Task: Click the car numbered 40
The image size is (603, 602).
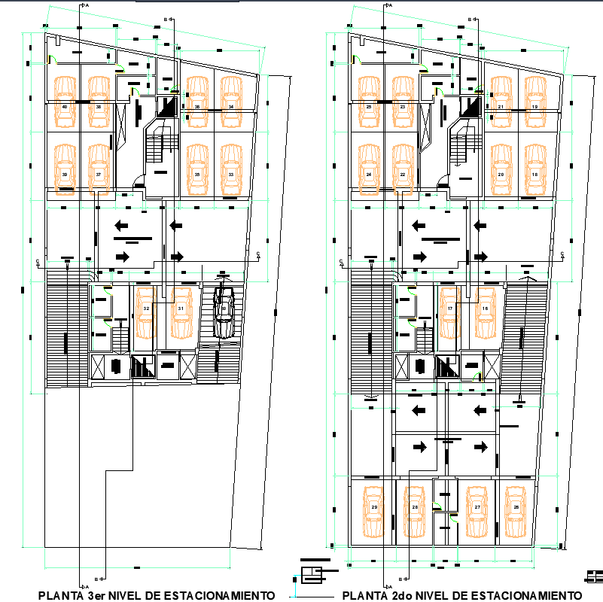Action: (x=65, y=99)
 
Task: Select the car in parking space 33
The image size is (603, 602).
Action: (x=231, y=166)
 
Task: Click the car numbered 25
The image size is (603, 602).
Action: (x=369, y=99)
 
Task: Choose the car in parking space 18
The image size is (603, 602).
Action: (x=535, y=166)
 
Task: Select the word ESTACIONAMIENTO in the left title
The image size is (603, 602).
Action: (x=223, y=595)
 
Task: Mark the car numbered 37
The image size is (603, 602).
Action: (x=99, y=166)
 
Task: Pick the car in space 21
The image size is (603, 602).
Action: (x=501, y=99)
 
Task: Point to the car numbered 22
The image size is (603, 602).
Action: (x=404, y=166)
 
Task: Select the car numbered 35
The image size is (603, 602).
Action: (x=197, y=166)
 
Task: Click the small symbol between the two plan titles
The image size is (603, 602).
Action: (x=310, y=575)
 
